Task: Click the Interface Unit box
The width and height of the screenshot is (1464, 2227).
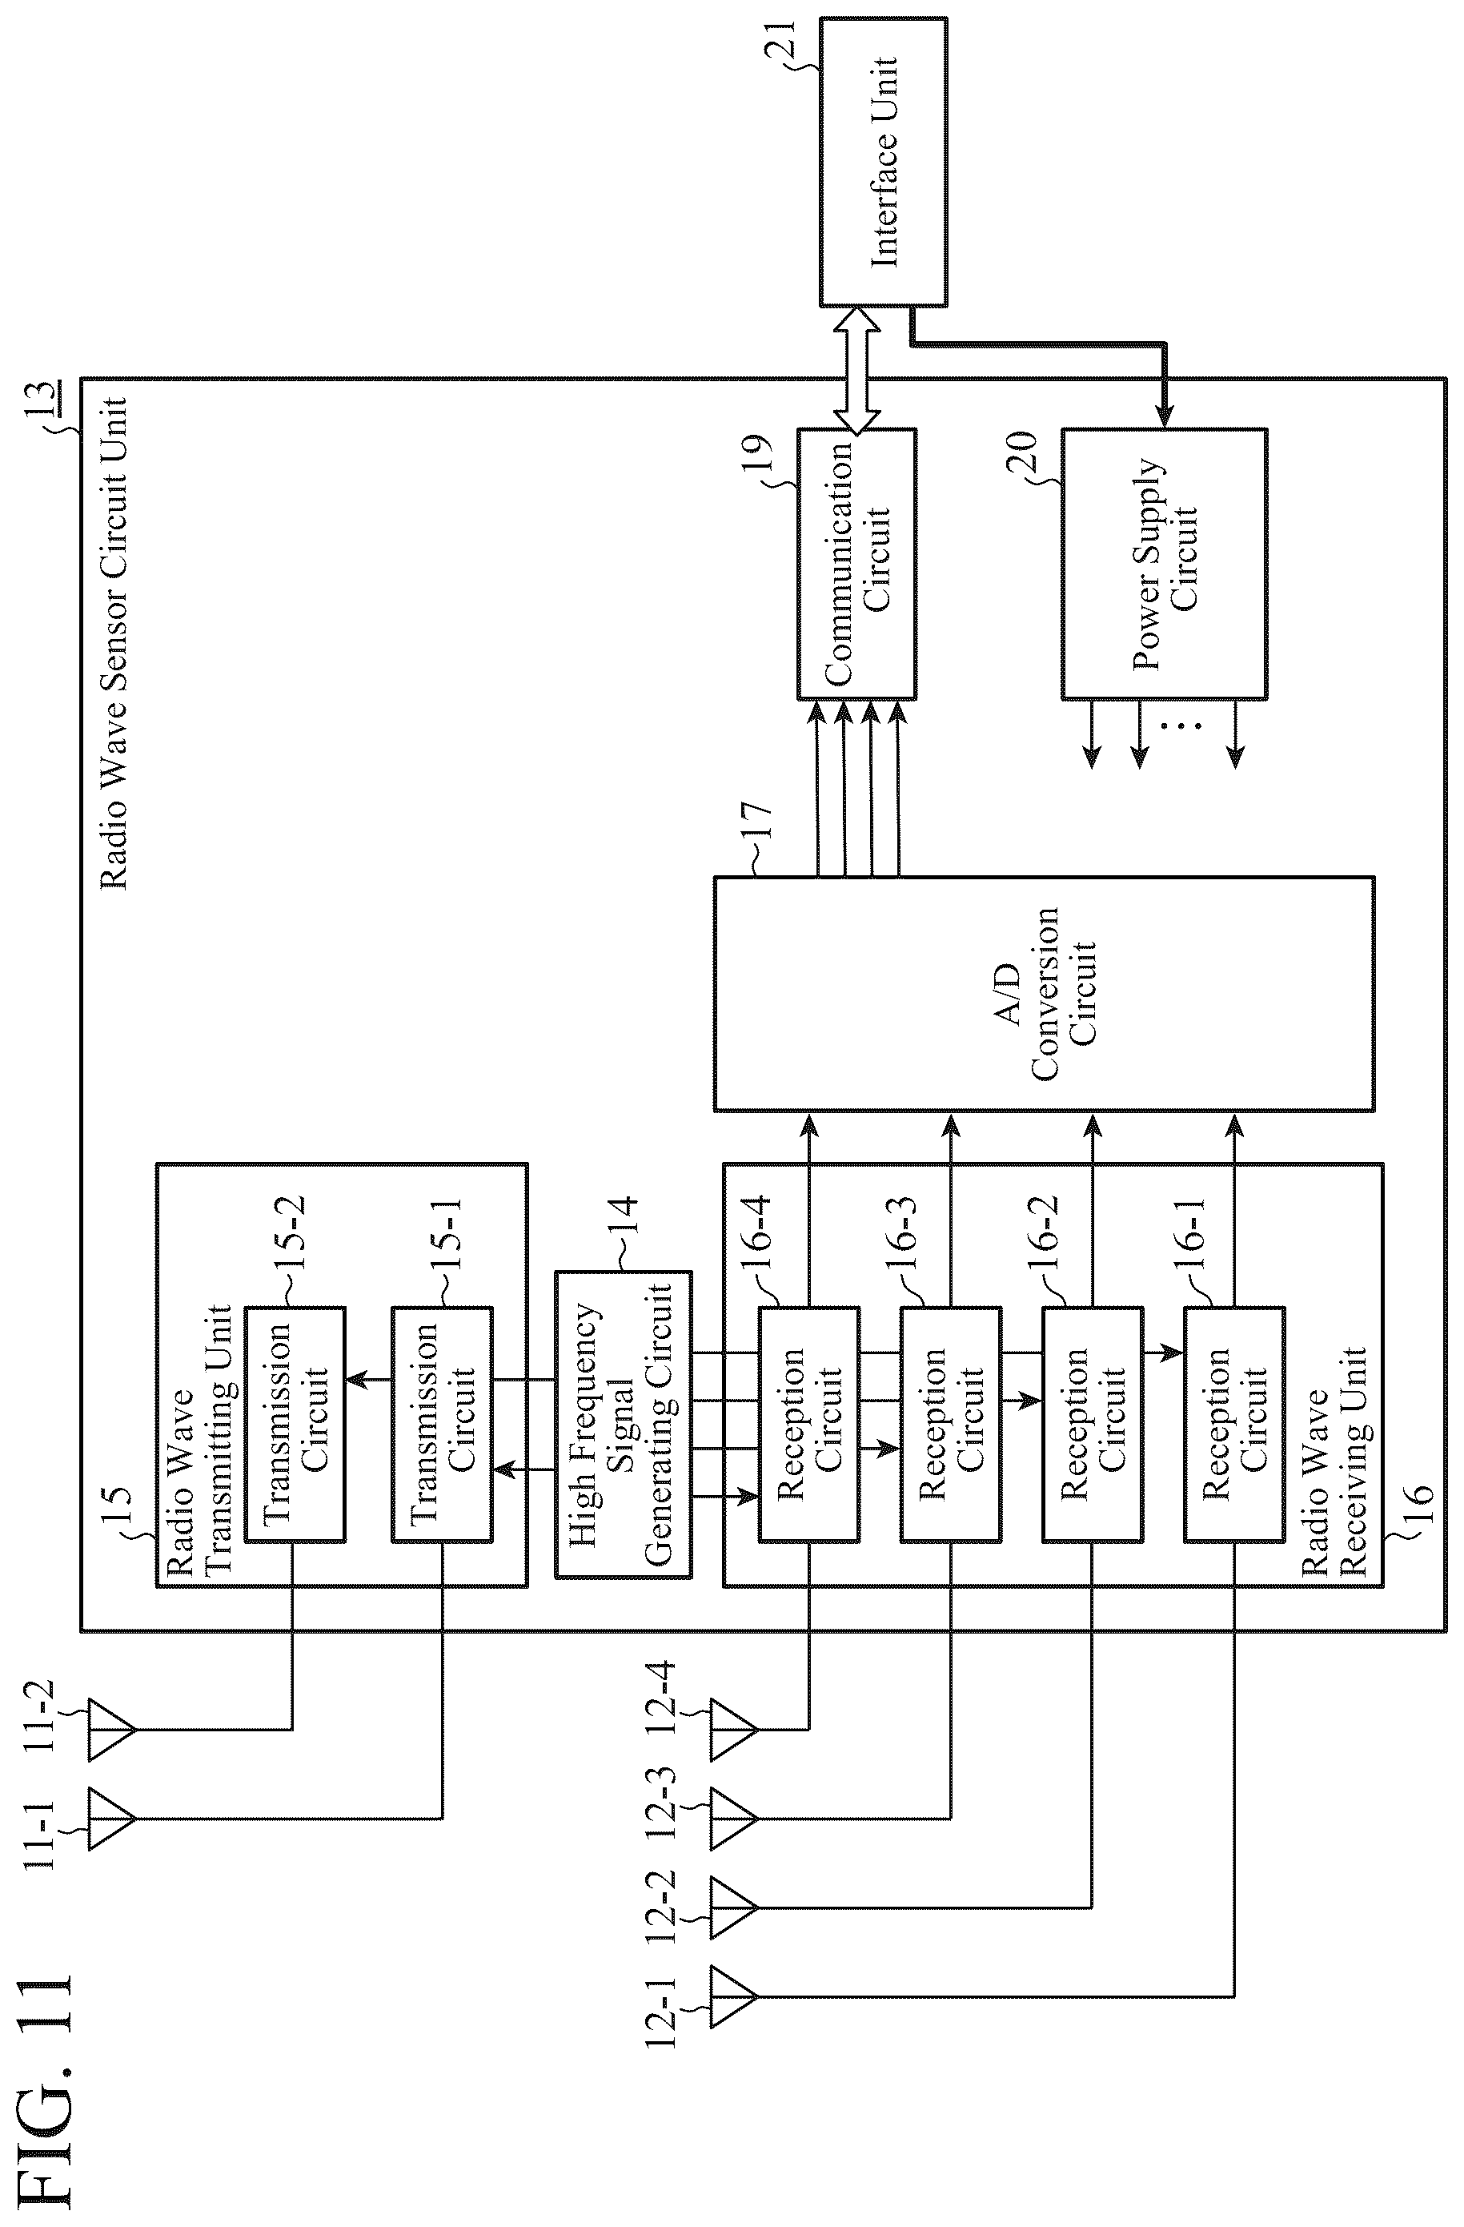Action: pos(883,162)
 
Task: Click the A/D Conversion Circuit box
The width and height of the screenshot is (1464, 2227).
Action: pos(1044,994)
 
